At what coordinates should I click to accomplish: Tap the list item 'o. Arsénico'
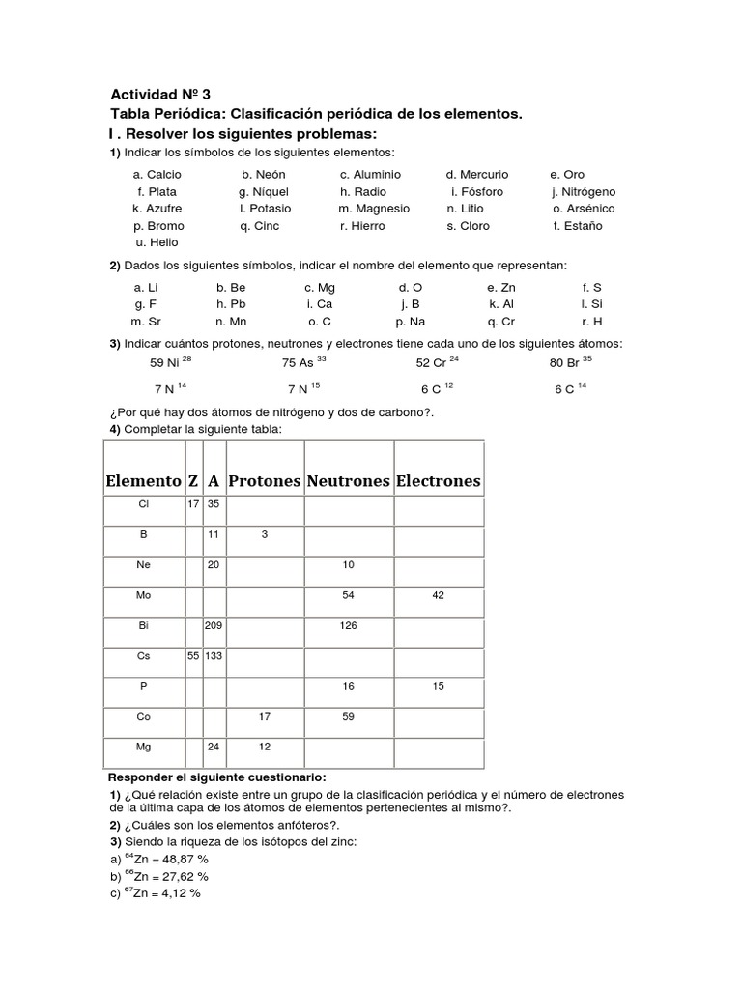click(584, 209)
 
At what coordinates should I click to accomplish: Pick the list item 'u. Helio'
click(157, 242)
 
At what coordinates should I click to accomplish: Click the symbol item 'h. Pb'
click(231, 304)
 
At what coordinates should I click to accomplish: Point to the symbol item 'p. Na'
click(411, 322)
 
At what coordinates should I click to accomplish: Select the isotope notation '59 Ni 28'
click(171, 362)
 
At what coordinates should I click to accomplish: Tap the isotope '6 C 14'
click(570, 388)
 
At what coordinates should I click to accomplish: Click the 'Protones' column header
click(265, 480)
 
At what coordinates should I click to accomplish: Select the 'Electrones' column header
click(438, 480)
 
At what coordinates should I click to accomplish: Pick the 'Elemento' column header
click(143, 480)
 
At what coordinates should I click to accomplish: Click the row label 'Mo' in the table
click(144, 596)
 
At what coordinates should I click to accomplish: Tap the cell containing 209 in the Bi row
click(214, 626)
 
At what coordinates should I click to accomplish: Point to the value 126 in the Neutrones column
click(348, 626)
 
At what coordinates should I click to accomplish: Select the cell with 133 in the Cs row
click(214, 656)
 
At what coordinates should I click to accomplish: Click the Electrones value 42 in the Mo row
click(438, 596)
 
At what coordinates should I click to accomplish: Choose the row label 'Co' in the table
click(144, 716)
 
